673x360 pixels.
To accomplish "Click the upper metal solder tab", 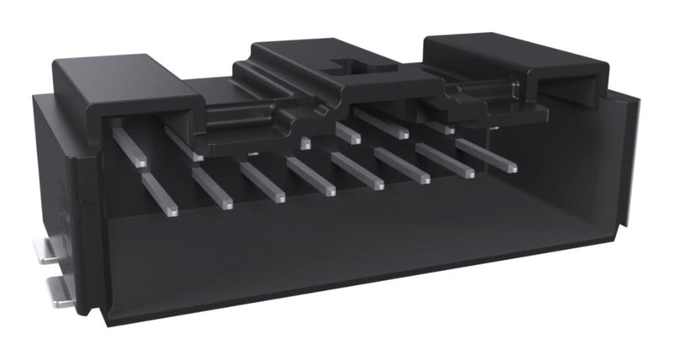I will (x=50, y=248).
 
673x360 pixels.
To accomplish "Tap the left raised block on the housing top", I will (x=126, y=80).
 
